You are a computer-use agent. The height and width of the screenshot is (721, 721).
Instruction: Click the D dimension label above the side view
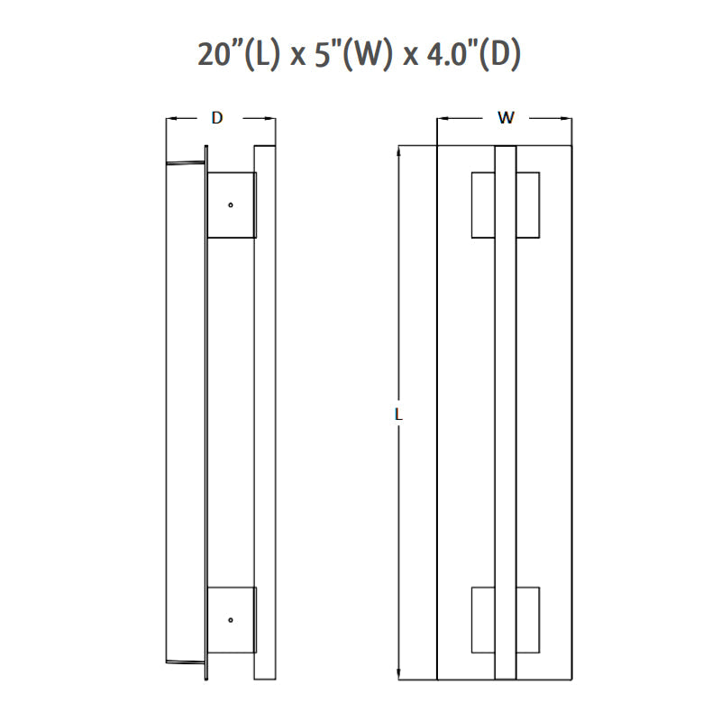click(x=217, y=118)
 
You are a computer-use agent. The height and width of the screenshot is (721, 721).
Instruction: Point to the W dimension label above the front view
click(x=506, y=118)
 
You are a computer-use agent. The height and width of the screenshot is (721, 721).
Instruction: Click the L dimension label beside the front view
click(x=398, y=415)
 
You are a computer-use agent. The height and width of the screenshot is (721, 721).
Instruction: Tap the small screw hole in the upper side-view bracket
click(x=231, y=205)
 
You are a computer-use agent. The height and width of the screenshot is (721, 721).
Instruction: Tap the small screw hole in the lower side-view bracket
click(x=231, y=620)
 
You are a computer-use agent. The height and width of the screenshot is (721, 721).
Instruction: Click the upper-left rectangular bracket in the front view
click(x=483, y=205)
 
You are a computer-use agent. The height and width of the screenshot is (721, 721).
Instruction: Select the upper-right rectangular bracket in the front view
click(x=528, y=205)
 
